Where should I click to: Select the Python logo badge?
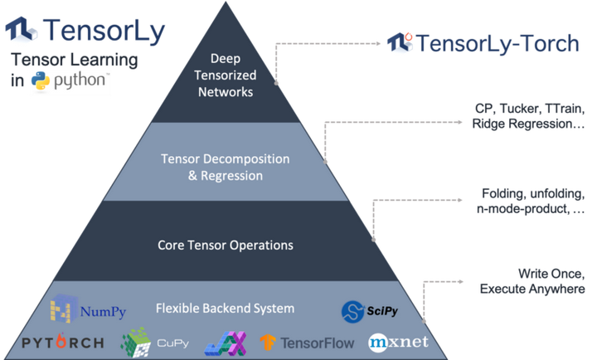click(70, 83)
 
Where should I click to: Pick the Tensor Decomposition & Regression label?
click(226, 167)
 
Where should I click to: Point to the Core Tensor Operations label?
click(226, 246)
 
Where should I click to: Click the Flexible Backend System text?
click(226, 309)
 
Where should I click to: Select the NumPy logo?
click(88, 311)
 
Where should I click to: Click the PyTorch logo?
click(63, 342)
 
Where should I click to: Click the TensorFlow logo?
click(306, 342)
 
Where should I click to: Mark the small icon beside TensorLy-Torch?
click(401, 42)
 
